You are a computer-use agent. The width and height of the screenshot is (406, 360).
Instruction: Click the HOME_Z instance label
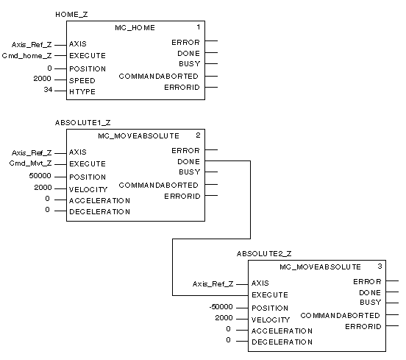[x=71, y=15]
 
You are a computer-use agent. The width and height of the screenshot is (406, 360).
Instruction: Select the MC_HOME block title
[x=135, y=28]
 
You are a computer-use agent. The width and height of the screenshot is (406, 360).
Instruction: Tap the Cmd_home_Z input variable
[x=27, y=56]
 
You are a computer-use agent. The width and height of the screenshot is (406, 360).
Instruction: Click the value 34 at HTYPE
[x=48, y=90]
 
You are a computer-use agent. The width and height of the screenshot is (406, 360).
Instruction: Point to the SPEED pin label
[x=82, y=80]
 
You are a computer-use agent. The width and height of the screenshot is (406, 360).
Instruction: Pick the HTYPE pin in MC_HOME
[x=82, y=92]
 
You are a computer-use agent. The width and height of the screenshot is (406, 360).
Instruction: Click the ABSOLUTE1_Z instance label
[x=83, y=123]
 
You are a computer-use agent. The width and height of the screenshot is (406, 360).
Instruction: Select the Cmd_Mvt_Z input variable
[x=31, y=163]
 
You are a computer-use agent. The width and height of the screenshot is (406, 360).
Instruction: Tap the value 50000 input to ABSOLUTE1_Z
[x=40, y=176]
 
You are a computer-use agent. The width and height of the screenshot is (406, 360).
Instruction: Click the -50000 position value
[x=221, y=307]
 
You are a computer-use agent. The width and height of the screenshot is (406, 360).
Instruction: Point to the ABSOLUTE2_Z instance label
[x=264, y=254]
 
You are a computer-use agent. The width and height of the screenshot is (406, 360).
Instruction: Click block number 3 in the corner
[x=380, y=267]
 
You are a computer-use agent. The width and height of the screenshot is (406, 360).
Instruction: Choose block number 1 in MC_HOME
[x=199, y=27]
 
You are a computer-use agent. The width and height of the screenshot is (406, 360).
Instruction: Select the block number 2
[x=198, y=135]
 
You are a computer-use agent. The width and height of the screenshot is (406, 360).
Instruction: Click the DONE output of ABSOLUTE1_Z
[x=189, y=162]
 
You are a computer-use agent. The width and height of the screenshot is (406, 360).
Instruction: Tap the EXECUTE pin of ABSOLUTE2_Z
[x=270, y=295]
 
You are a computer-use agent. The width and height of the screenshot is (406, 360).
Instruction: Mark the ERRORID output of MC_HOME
[x=182, y=88]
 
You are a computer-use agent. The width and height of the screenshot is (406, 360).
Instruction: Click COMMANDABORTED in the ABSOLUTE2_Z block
[x=340, y=315]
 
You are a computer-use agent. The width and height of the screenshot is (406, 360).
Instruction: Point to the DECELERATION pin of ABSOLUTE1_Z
[x=100, y=212]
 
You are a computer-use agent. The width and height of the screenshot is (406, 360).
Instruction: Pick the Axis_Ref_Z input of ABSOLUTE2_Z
[x=213, y=284]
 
